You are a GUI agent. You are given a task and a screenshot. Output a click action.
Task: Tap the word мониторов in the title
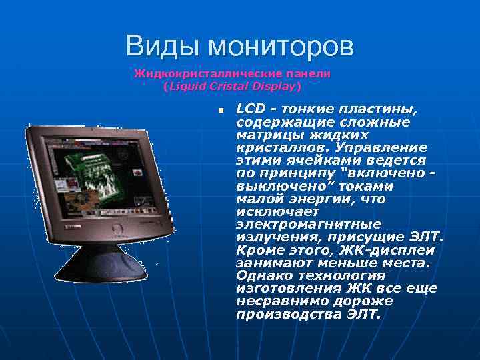pos(280,47)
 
